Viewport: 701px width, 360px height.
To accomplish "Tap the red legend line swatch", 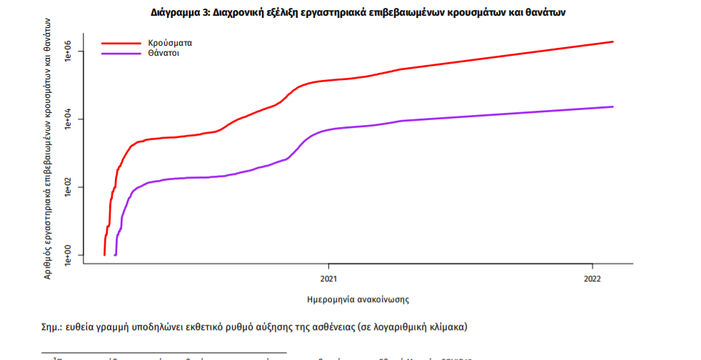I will pyautogui.click(x=120, y=43).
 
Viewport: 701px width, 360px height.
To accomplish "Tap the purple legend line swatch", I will pyautogui.click(x=120, y=54).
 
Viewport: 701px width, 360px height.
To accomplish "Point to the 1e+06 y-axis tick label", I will pyautogui.click(x=69, y=51).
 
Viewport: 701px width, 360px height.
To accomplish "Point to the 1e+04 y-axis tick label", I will pyautogui.click(x=69, y=119).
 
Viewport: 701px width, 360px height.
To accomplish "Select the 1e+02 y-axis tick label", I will pyautogui.click(x=69, y=187).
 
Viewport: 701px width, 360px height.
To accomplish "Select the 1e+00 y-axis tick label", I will pyautogui.click(x=69, y=255).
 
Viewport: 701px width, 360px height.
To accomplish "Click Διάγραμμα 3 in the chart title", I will pyautogui.click(x=178, y=14).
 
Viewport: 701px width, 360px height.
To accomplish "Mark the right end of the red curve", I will pyautogui.click(x=612, y=41).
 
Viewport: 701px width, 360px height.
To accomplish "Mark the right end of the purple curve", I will pyautogui.click(x=612, y=107).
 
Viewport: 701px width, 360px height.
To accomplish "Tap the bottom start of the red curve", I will pyautogui.click(x=105, y=254).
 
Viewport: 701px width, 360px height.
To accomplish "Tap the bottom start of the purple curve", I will pyautogui.click(x=116, y=254).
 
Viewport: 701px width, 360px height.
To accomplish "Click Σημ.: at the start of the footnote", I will pyautogui.click(x=52, y=326).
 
